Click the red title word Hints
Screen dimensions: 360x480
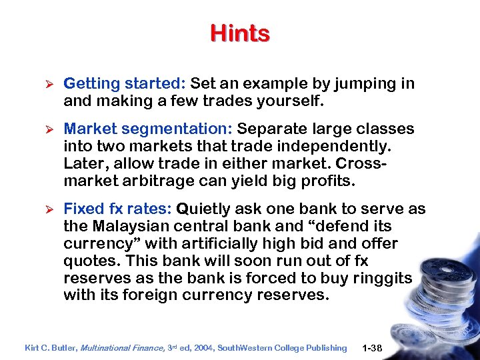240,33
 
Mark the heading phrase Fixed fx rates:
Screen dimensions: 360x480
118,209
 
